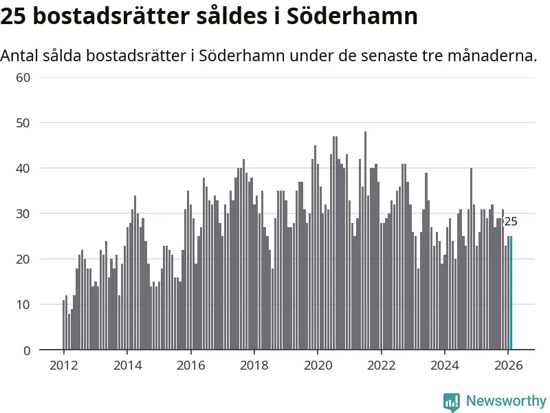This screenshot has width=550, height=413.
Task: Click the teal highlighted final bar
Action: (511, 293)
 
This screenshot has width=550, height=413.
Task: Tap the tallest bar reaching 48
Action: (365, 241)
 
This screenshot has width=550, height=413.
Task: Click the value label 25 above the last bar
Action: (511, 222)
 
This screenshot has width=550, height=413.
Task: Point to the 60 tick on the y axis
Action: (23, 77)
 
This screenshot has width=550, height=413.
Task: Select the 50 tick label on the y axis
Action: (23, 123)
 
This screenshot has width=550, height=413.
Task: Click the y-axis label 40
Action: (23, 168)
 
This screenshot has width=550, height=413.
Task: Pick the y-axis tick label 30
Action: (23, 213)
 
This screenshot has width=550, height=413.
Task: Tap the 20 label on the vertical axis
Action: (23, 259)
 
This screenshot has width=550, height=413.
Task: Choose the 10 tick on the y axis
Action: (23, 304)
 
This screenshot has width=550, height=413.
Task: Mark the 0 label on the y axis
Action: (27, 350)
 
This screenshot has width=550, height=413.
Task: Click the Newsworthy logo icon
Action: (452, 401)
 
